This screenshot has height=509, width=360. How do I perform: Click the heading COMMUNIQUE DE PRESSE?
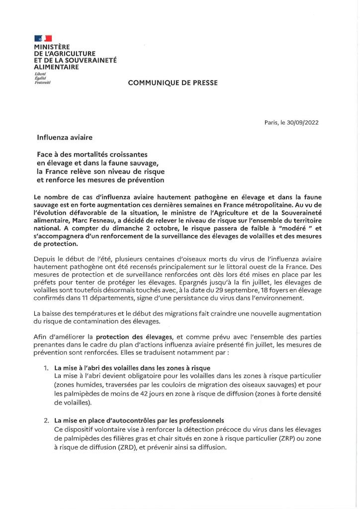point(173,83)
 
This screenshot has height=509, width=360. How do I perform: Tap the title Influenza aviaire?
point(65,136)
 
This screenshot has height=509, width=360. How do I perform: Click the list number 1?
point(46,368)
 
